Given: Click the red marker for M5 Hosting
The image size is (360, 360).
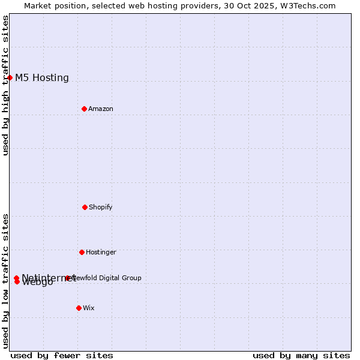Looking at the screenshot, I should coord(10,77).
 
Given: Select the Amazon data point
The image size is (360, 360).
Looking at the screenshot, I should coord(84,109).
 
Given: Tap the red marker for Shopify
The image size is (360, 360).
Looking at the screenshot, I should coord(85,207).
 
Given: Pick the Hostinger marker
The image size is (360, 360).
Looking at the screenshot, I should coord(82,252).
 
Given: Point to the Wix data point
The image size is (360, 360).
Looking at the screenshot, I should coord(79,308).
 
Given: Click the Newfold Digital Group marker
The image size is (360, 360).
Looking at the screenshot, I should coord(67,278).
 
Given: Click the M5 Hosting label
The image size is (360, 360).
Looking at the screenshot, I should coord(42,77).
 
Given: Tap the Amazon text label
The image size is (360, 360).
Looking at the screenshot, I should coord(101,109).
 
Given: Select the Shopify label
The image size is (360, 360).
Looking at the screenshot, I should coord(101,207).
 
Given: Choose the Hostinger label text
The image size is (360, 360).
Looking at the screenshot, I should coord(101,252).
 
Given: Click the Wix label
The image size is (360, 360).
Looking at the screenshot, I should coord(89,308).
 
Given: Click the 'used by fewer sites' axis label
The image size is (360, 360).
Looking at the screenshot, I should coord(62,355).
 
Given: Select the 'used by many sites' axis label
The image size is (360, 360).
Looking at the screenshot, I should coord(301,355).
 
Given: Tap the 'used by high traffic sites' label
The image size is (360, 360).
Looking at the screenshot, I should coord(5,85).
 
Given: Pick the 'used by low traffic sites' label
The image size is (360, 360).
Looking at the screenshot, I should coord(5,281).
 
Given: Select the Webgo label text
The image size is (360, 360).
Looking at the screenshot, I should coord(37,283).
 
